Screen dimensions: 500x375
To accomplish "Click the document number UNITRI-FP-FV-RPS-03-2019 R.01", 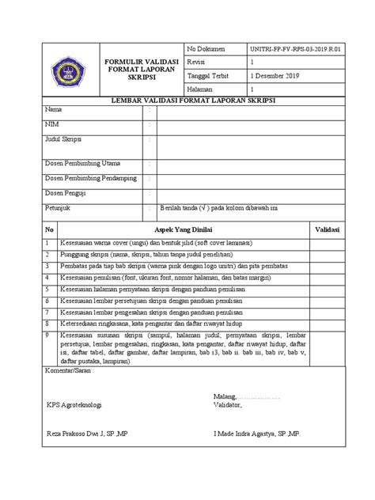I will (x=294, y=49).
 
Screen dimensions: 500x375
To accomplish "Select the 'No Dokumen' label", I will (x=203, y=49).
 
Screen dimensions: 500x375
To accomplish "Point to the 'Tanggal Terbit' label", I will (x=206, y=77).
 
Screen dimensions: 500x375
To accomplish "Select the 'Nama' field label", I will (x=54, y=109).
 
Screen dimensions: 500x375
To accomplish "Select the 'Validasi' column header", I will (x=328, y=229).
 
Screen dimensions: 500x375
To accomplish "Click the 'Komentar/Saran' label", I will (x=70, y=369).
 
